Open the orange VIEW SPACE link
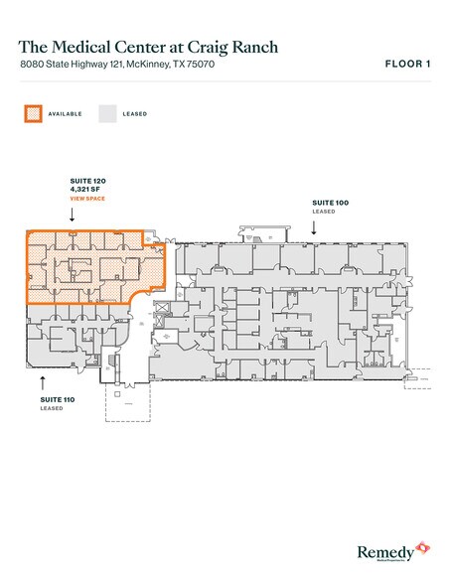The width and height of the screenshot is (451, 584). point(86,201)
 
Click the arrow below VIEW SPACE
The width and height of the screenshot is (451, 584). point(85,216)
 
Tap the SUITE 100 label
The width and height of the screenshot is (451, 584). point(329,203)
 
